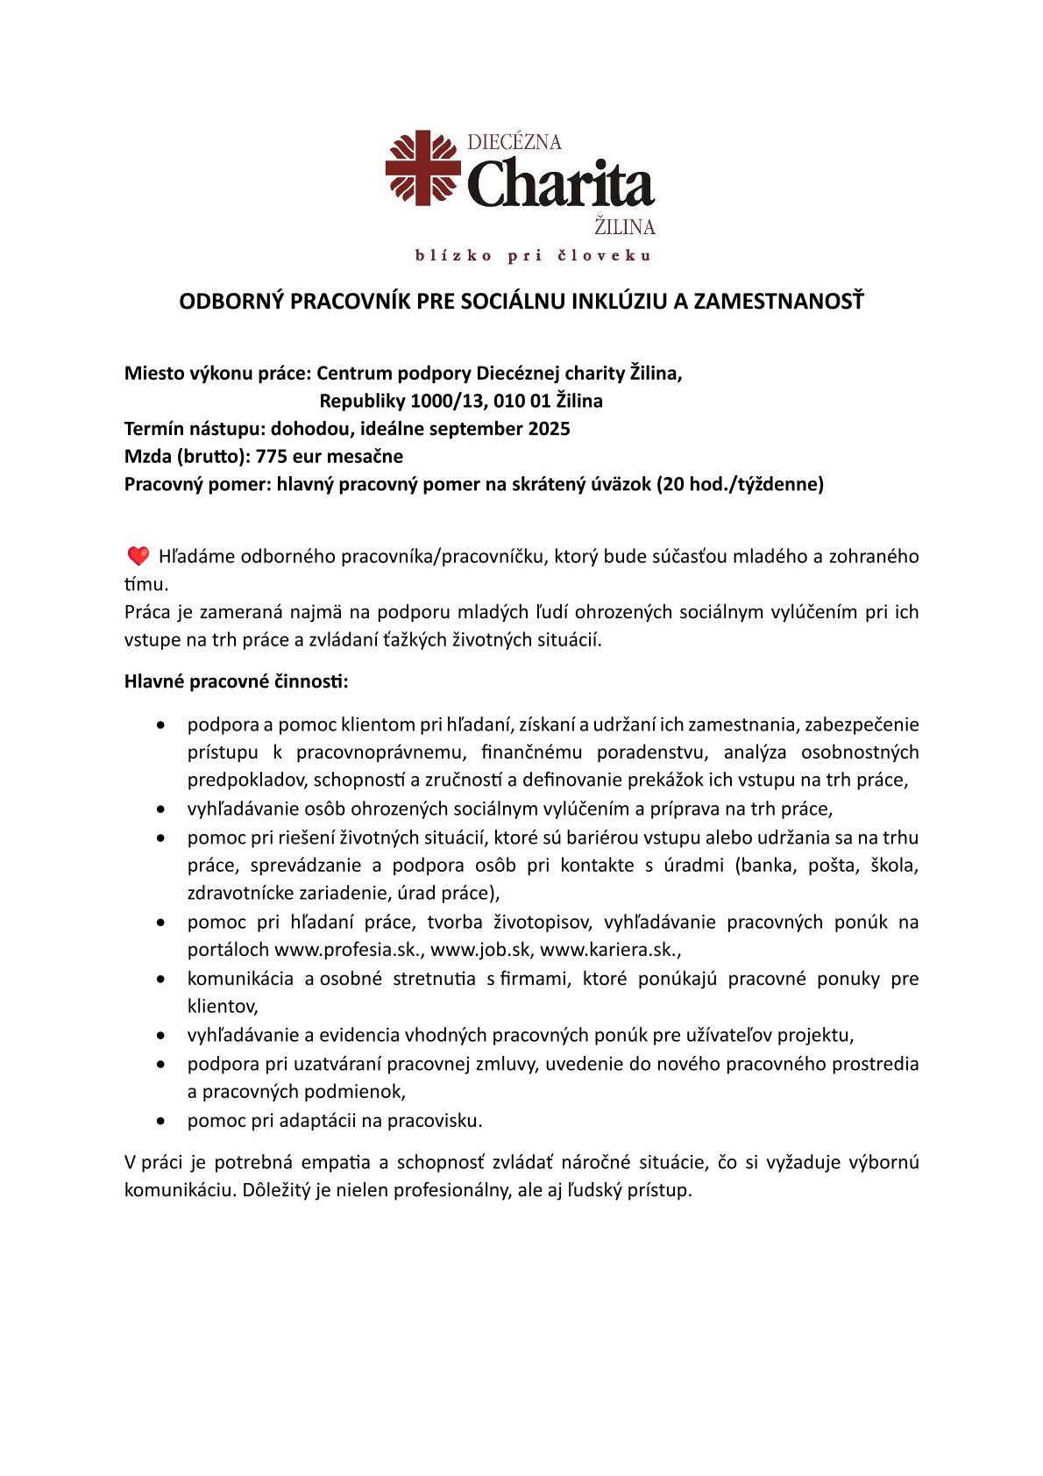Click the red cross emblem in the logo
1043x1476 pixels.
423,168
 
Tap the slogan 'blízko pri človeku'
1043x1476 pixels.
533,256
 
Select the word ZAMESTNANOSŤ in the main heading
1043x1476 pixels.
779,302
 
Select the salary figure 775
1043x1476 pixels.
271,457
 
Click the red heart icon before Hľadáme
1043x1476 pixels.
138,556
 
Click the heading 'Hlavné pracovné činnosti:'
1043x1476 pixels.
236,682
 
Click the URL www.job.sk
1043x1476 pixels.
479,950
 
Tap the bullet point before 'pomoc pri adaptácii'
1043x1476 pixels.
160,1121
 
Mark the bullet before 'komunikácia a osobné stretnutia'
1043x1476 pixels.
160,979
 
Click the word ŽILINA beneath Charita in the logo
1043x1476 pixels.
625,227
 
